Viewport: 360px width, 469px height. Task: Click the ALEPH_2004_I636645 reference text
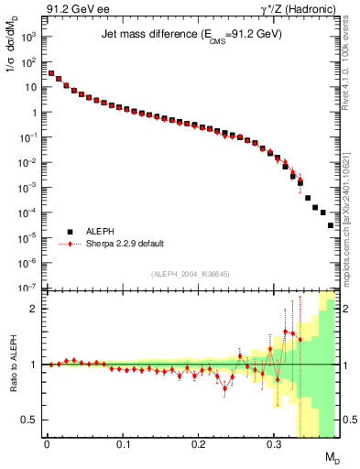191,274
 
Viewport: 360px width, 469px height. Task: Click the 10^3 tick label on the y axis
29,38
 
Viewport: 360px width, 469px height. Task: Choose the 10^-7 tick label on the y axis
29,288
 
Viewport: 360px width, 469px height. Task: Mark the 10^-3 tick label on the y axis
29,188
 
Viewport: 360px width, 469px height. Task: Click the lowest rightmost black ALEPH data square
331,224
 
